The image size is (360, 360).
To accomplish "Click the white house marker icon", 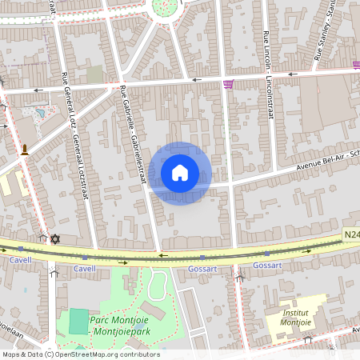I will tap(180, 172).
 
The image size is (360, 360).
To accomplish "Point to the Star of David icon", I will tap(54, 238).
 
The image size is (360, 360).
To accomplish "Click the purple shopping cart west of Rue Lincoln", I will tap(230, 84).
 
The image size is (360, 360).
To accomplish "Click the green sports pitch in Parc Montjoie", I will tap(78, 322).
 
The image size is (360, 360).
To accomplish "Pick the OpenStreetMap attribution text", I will tap(80, 354).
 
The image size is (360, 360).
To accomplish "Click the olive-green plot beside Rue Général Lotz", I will tap(94, 74).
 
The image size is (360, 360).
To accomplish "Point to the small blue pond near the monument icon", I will tap(39, 113).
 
